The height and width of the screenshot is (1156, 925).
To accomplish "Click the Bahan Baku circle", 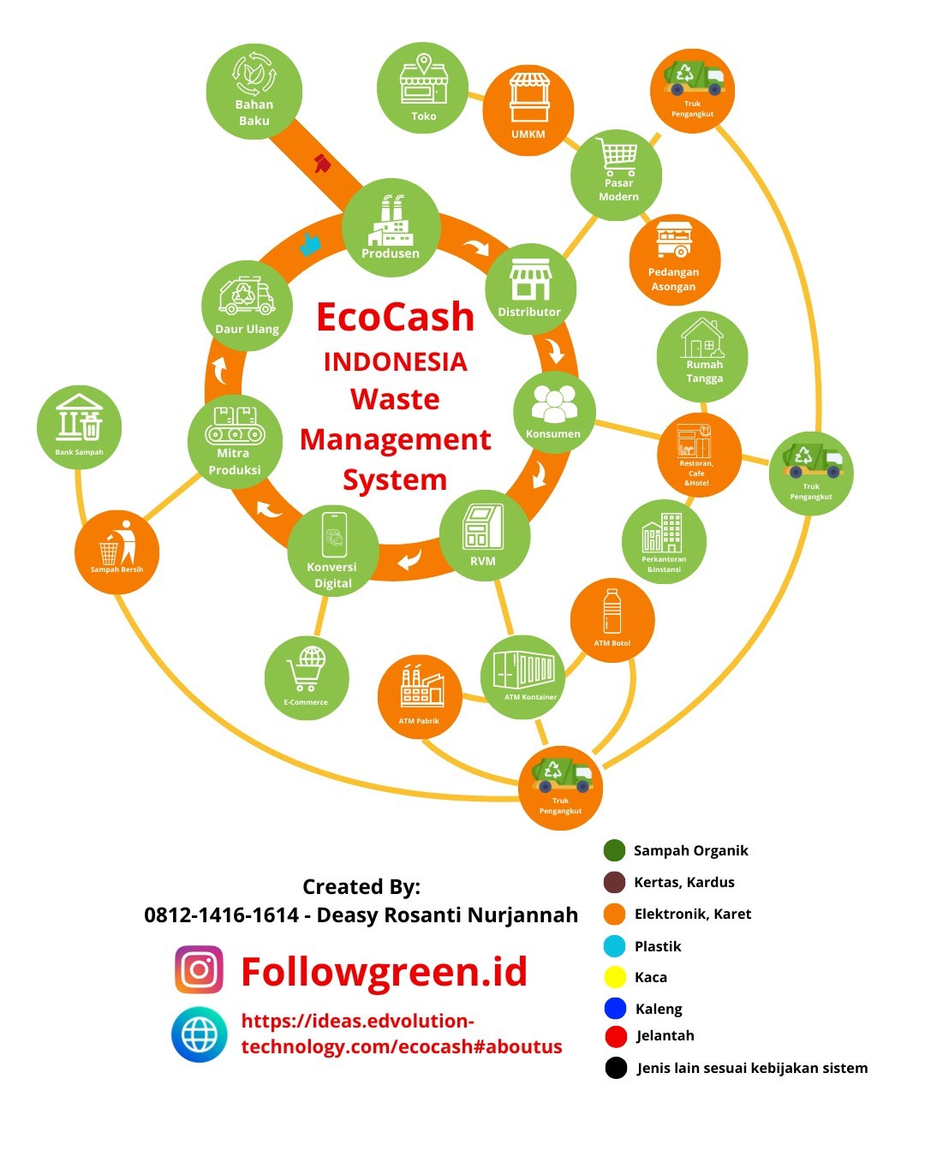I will tap(254, 92).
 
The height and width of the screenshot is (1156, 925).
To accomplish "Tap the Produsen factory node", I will tap(391, 228).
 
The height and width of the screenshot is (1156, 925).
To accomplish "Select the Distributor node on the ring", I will tap(530, 289).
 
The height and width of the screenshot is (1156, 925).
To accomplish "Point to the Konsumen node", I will tap(554, 412).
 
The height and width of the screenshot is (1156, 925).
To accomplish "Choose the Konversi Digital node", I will tap(333, 550).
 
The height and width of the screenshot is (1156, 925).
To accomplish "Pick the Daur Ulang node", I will tap(247, 305).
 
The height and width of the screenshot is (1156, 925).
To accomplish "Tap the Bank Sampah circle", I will tap(79, 426).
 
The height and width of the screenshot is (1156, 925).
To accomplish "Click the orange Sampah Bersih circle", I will tap(116, 552).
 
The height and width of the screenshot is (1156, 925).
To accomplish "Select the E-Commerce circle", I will tap(307, 677).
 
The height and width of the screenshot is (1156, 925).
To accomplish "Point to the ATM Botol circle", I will tap(612, 620).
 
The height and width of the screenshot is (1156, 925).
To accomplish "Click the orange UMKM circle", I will tap(528, 110).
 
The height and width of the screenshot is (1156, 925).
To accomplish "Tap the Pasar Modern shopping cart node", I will tap(617, 175).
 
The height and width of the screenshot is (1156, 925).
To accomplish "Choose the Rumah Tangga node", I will tap(703, 356).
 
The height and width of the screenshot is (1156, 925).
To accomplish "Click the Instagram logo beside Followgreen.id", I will tap(200, 969).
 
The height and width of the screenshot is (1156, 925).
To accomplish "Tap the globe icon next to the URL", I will tap(200, 1034).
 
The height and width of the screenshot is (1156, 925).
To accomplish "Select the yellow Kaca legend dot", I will tap(615, 977).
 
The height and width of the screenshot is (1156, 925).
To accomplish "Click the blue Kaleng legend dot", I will tap(615, 1008).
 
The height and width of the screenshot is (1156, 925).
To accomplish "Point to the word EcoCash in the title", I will tap(395, 317).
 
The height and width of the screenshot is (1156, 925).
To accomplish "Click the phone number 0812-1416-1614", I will tap(221, 915).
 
